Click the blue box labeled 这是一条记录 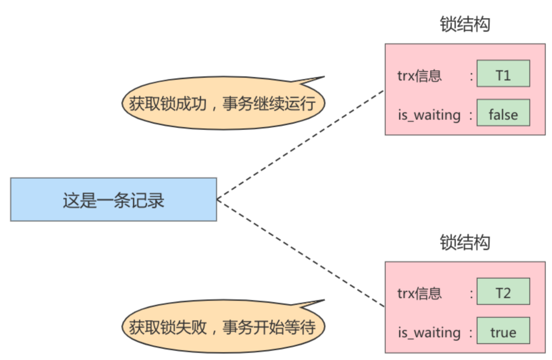pyautogui.click(x=113, y=199)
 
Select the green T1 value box pyautogui.click(x=503, y=74)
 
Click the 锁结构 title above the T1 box pyautogui.click(x=465, y=25)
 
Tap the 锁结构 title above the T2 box pyautogui.click(x=465, y=242)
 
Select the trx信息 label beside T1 pyautogui.click(x=419, y=76)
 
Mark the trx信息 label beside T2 pyautogui.click(x=419, y=293)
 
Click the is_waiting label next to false pyautogui.click(x=429, y=115)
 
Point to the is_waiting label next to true pyautogui.click(x=429, y=333)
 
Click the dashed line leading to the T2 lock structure pyautogui.click(x=300, y=253)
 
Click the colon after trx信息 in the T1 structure pyautogui.click(x=471, y=76)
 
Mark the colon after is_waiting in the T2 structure pyautogui.click(x=471, y=333)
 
